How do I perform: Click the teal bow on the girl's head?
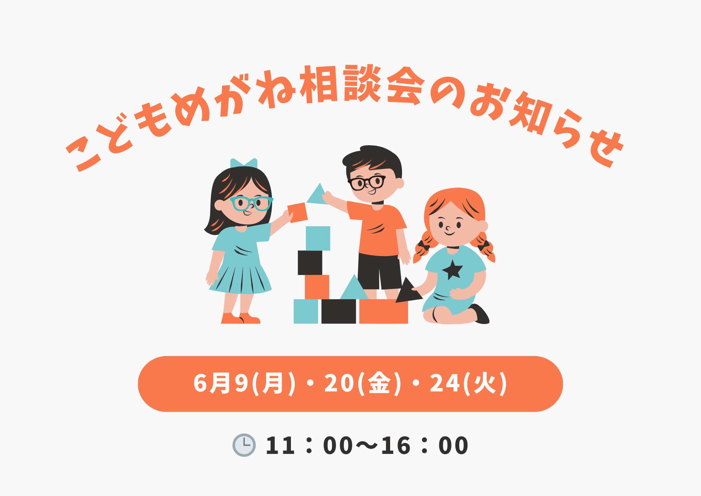pos(244,163)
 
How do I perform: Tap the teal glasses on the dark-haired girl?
pos(251,203)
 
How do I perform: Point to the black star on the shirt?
pos(452,270)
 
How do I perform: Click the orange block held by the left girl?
pos(298,213)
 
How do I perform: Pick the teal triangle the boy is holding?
pos(318,194)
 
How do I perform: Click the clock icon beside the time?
pos(244,445)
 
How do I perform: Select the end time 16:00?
pos(424,445)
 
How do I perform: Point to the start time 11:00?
pos(309,445)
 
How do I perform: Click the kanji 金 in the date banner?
pos(380,383)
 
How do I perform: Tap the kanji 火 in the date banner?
pos(485,383)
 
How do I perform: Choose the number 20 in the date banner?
pos(339,383)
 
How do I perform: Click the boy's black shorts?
pos(380,271)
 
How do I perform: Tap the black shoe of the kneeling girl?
pos(480,314)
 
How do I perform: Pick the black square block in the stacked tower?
pos(310,263)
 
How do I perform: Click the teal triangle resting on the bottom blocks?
pos(354,287)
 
